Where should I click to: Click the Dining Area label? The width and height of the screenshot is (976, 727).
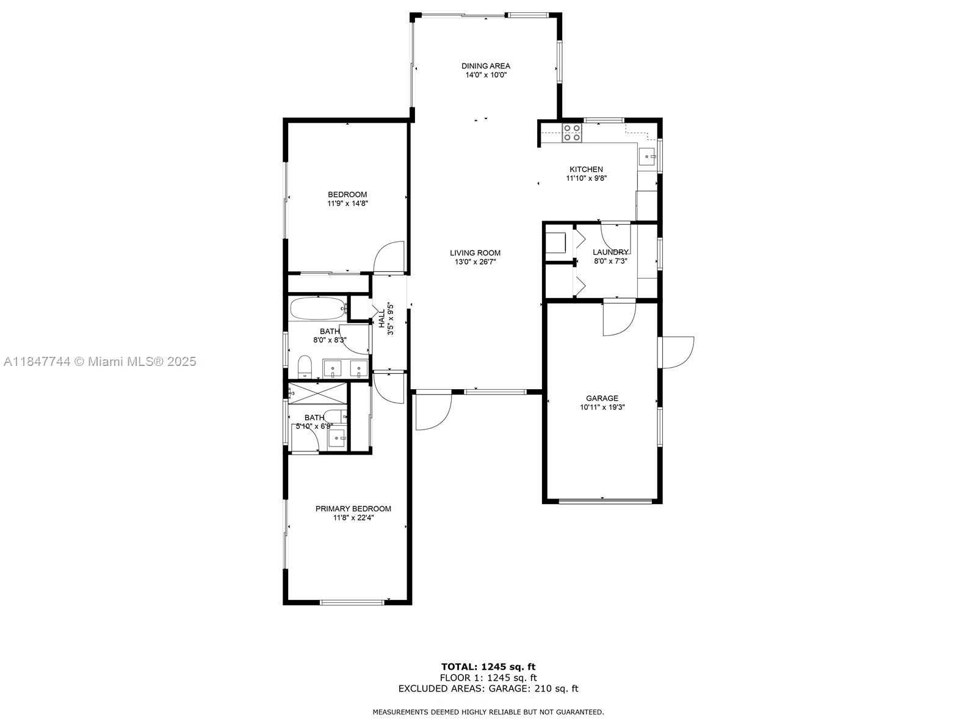point(485,66)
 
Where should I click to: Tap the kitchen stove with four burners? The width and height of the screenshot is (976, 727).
point(572,133)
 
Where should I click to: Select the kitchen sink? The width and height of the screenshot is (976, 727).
point(647,156)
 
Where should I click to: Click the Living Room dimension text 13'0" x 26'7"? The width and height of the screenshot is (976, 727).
point(475,261)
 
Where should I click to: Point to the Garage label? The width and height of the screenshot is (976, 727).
point(602,398)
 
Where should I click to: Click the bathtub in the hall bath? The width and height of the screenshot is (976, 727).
point(318,309)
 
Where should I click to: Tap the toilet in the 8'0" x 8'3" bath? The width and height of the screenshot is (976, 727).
point(305,367)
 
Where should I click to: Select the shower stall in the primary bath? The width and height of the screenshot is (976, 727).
point(317,393)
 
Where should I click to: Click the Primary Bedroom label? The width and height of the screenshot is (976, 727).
point(353,508)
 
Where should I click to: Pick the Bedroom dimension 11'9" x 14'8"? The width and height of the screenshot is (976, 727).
point(347,203)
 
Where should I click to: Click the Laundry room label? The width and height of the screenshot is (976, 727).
point(610,252)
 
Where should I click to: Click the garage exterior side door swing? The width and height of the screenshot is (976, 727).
point(678,353)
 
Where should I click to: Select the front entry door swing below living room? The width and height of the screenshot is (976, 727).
point(433,411)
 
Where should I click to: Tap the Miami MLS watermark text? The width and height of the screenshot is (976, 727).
point(100,362)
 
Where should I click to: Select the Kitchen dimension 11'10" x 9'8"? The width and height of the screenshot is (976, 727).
point(586,178)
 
